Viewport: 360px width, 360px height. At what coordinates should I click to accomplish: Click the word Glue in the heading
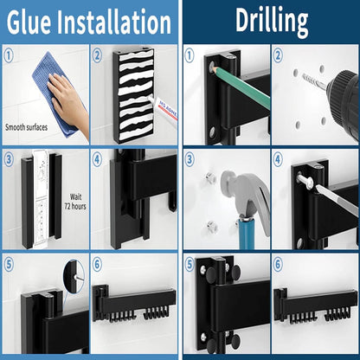(29, 22)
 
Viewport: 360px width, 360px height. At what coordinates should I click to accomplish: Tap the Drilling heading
(272, 20)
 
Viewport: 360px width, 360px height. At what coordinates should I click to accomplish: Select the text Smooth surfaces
(26, 127)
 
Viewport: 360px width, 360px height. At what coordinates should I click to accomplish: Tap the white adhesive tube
(163, 111)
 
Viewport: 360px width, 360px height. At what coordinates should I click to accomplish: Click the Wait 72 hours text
(75, 202)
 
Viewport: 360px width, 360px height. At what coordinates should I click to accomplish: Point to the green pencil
(241, 86)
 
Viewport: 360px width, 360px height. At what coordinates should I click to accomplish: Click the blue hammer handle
(247, 233)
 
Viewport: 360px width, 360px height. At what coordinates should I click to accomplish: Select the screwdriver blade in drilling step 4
(337, 200)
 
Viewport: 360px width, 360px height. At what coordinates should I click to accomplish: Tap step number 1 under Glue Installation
(9, 55)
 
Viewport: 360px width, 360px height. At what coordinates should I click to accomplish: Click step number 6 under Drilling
(278, 265)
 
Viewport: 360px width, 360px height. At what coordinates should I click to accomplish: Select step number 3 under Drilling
(190, 159)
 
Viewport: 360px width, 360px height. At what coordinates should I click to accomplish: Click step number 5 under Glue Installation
(9, 265)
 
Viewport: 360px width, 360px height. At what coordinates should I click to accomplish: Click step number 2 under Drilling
(278, 55)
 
